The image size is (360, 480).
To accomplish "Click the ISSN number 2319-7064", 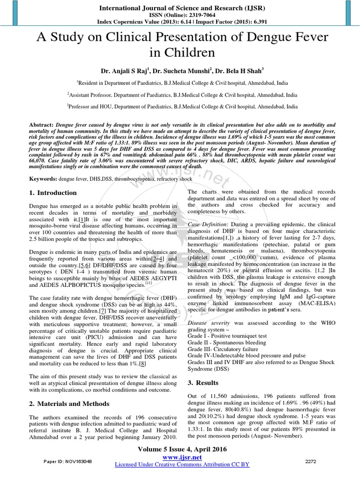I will click(196, 15).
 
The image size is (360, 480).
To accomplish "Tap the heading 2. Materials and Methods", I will click(69, 404).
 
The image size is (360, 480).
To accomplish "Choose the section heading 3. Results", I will click(204, 383).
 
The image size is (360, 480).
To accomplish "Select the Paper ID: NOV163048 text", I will click(69, 461).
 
